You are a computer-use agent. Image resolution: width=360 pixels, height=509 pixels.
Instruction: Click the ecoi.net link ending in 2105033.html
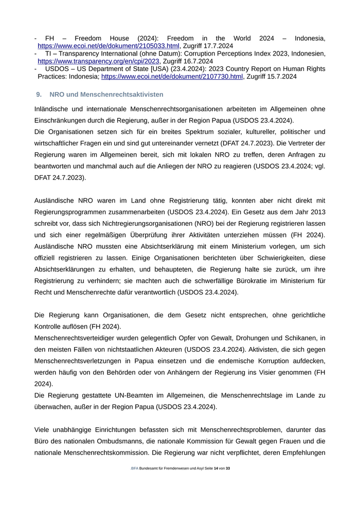[109, 46]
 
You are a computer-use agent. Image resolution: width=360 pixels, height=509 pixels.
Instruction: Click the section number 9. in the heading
[39, 95]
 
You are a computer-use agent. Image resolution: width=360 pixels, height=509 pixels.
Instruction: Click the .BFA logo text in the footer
[134, 468]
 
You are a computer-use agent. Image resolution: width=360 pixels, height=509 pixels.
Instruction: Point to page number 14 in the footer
[216, 468]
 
